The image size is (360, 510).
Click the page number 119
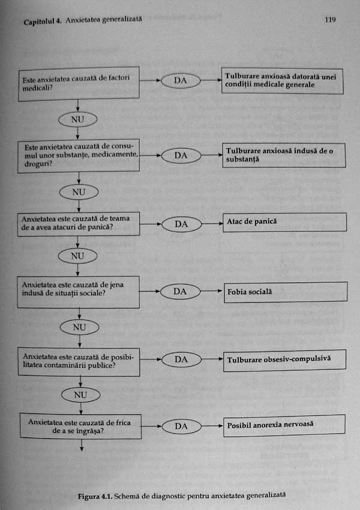[329, 20]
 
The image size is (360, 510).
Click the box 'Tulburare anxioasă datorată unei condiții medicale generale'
[283, 81]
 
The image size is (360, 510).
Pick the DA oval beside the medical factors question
[180, 80]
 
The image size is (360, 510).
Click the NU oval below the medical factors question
[77, 119]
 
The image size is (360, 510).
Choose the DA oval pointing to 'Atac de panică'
[181, 224]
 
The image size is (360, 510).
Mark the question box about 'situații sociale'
[80, 290]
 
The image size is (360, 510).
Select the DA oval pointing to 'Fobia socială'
[181, 292]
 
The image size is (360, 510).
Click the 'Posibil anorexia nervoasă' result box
[284, 425]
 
